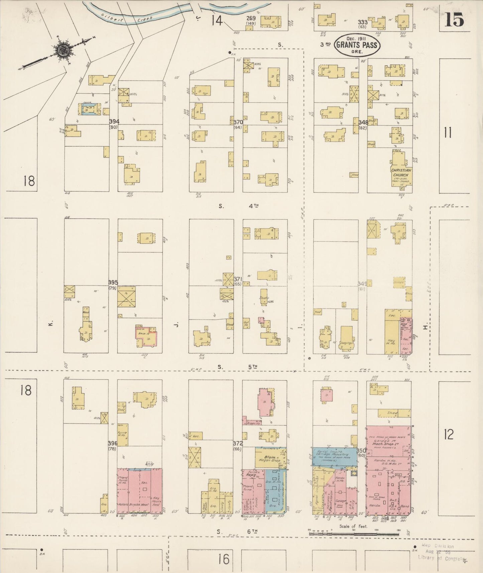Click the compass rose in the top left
pyautogui.click(x=62, y=50)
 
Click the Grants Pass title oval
pyautogui.click(x=357, y=45)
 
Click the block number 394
pyautogui.click(x=114, y=121)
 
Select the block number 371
pyautogui.click(x=237, y=279)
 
